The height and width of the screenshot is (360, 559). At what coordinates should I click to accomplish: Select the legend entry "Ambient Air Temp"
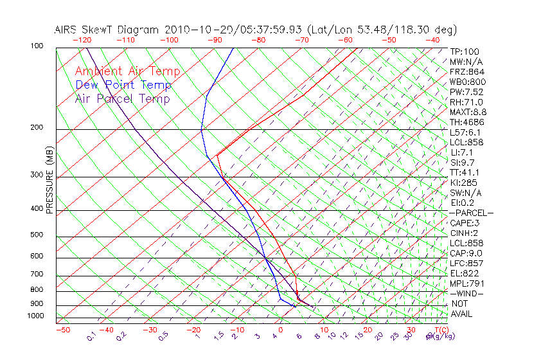[x=127, y=71]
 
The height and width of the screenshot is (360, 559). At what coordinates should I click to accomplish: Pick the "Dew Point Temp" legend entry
[x=123, y=85]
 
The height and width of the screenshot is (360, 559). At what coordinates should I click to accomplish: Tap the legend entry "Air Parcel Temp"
[x=122, y=98]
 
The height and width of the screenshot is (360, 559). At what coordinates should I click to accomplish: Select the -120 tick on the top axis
[x=82, y=40]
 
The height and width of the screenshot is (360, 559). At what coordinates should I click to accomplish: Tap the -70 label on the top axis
[x=301, y=40]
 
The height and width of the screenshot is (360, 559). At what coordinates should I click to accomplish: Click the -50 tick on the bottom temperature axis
[x=63, y=330]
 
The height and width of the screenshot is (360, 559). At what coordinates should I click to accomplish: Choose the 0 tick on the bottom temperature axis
[x=280, y=330]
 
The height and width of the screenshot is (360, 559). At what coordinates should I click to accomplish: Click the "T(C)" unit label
[x=440, y=330]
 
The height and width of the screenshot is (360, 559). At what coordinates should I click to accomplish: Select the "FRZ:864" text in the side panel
[x=467, y=72]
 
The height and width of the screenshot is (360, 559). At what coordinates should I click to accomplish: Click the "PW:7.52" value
[x=466, y=92]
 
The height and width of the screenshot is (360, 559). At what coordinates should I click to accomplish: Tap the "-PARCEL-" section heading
[x=471, y=213]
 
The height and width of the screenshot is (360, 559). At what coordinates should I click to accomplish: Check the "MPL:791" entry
[x=466, y=283]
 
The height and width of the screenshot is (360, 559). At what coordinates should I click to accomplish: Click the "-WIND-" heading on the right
[x=466, y=294]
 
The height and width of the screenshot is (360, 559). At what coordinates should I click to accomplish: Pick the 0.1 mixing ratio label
[x=91, y=336]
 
